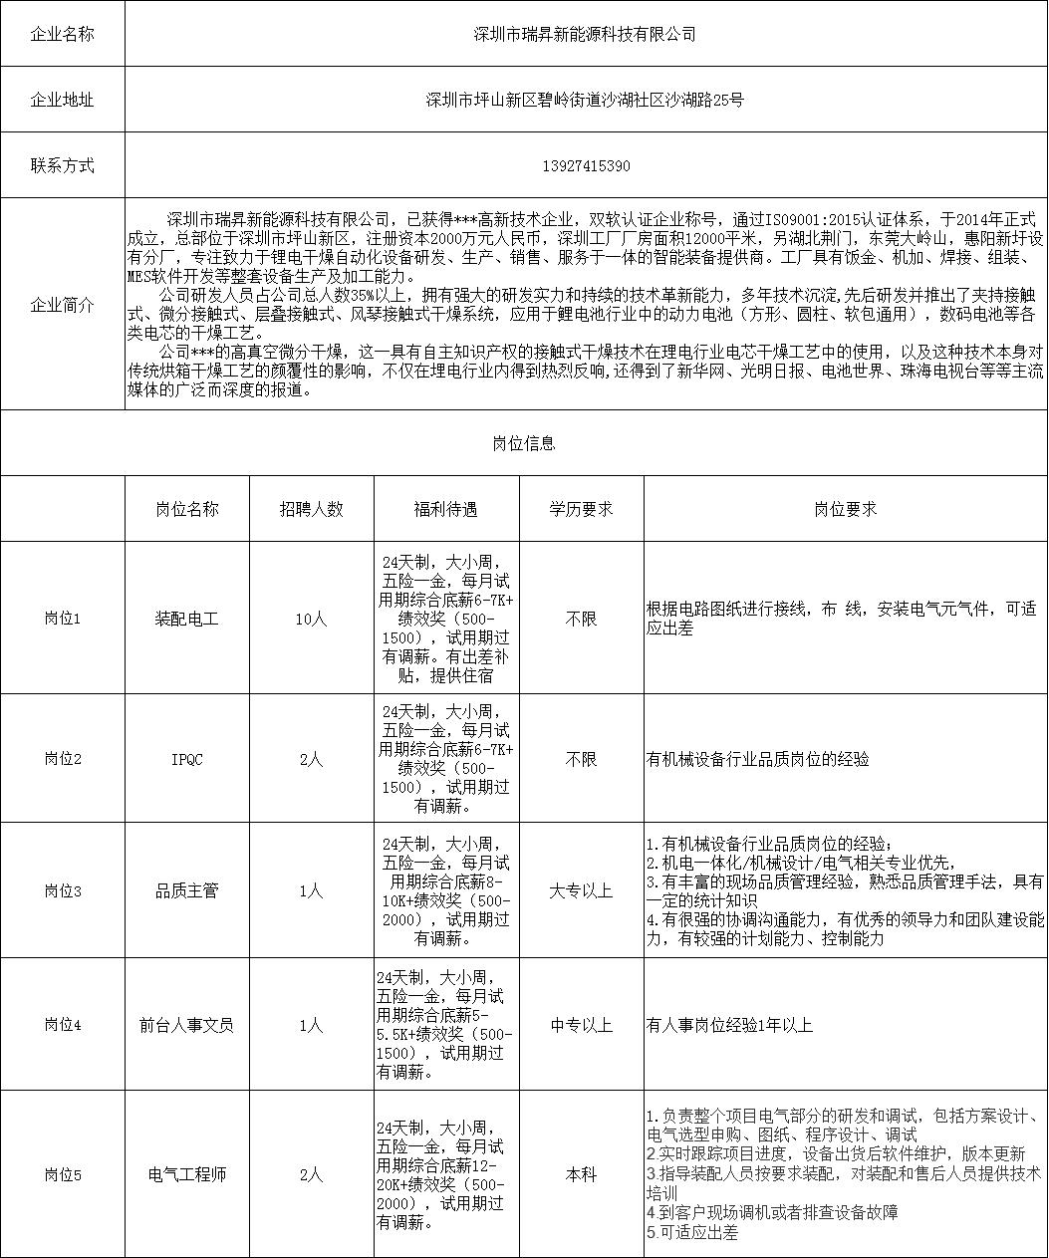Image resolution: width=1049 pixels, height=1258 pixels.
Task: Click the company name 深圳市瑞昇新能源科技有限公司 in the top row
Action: pyautogui.click(x=585, y=34)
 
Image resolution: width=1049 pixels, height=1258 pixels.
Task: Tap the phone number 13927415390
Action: pyautogui.click(x=585, y=165)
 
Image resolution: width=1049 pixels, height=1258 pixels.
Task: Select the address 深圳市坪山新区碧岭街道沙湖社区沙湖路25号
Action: pyautogui.click(x=585, y=100)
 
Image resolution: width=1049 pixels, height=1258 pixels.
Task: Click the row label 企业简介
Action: pyautogui.click(x=63, y=305)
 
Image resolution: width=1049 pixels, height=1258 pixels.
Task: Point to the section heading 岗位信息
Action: pyautogui.click(x=524, y=443)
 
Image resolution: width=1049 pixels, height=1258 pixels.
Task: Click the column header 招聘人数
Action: pyautogui.click(x=311, y=509)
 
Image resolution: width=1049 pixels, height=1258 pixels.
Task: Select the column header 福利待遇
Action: pyautogui.click(x=445, y=509)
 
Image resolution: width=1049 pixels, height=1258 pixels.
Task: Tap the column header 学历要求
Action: pyautogui.click(x=581, y=509)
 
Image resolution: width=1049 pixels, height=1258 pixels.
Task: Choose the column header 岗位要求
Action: pyautogui.click(x=845, y=509)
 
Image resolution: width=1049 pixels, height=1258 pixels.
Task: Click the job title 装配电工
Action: pyautogui.click(x=186, y=619)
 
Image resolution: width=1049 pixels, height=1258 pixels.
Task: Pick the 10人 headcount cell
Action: pyautogui.click(x=311, y=619)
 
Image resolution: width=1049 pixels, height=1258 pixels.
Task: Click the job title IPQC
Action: pyautogui.click(x=186, y=759)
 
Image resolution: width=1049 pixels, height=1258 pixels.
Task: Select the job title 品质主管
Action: pyautogui.click(x=186, y=890)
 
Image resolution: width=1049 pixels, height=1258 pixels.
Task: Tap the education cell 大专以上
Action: pyautogui.click(x=581, y=890)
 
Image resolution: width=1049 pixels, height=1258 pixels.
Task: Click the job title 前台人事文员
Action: pyautogui.click(x=186, y=1024)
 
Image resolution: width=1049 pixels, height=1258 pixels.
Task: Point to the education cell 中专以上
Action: pyautogui.click(x=581, y=1024)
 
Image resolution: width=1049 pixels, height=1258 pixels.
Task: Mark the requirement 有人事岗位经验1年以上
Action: pyautogui.click(x=729, y=1024)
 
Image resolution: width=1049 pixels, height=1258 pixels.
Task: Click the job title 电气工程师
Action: pyautogui.click(x=186, y=1174)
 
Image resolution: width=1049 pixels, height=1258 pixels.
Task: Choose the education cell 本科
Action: pyautogui.click(x=581, y=1174)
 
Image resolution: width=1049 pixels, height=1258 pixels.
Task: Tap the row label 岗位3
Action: pyautogui.click(x=63, y=890)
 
